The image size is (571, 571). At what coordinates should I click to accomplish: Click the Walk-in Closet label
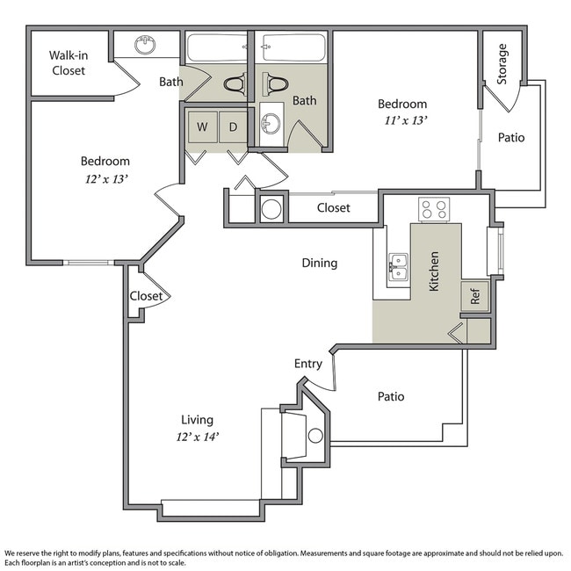pyautogui.click(x=68, y=62)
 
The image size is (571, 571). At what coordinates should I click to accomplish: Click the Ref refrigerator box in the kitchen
pyautogui.click(x=475, y=295)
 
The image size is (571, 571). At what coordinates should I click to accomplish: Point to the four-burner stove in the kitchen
pyautogui.click(x=433, y=208)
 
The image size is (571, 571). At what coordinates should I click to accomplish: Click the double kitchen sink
pyautogui.click(x=398, y=266)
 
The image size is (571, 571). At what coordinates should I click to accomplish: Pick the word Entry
pyautogui.click(x=307, y=364)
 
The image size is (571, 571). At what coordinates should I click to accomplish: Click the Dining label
pyautogui.click(x=319, y=263)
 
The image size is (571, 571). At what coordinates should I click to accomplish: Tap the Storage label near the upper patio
pyautogui.click(x=502, y=63)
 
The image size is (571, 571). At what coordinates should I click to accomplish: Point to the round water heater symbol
pyautogui.click(x=272, y=209)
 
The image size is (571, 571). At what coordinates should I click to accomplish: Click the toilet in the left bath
pyautogui.click(x=235, y=85)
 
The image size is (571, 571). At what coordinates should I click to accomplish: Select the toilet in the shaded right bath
pyautogui.click(x=277, y=85)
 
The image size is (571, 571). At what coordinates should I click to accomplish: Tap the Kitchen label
pyautogui.click(x=433, y=271)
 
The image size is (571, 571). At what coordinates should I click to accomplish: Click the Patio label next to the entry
pyautogui.click(x=391, y=396)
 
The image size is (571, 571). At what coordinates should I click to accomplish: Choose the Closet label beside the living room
pyautogui.click(x=146, y=296)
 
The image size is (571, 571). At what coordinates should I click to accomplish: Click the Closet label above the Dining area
pyautogui.click(x=333, y=208)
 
